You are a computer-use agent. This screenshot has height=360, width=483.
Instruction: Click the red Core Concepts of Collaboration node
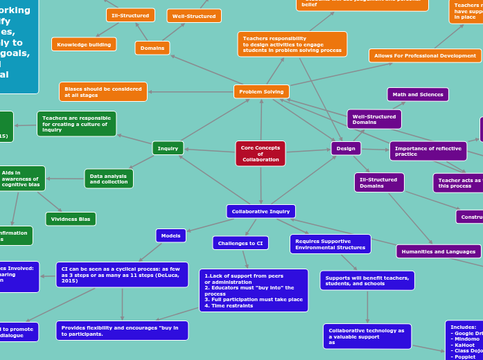click(261, 154)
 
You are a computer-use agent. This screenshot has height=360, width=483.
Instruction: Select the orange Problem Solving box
click(261, 91)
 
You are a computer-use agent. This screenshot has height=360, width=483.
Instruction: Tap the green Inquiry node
click(168, 148)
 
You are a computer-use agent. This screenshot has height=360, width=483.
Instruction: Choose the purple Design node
click(346, 148)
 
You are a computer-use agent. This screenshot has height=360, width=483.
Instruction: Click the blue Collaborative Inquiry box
click(261, 211)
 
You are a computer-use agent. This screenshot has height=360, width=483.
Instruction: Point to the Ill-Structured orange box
click(130, 15)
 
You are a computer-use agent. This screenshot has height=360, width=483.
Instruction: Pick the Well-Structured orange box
click(194, 16)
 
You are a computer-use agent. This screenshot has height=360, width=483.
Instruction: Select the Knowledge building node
click(84, 44)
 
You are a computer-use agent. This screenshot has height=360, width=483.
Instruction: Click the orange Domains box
click(152, 48)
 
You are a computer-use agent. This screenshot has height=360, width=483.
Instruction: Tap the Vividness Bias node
click(71, 219)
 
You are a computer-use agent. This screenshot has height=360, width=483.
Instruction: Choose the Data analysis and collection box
click(109, 179)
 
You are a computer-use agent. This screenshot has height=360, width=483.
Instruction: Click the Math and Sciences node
click(418, 94)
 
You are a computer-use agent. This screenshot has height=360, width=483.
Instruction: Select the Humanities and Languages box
click(439, 251)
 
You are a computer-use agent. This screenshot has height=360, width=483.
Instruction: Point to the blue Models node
click(170, 236)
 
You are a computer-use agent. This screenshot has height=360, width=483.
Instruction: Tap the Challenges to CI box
click(240, 243)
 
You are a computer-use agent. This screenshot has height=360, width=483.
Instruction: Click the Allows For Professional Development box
click(425, 55)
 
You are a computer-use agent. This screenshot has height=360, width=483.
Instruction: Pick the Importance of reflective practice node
click(428, 151)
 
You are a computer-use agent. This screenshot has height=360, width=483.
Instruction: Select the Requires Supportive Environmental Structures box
click(330, 244)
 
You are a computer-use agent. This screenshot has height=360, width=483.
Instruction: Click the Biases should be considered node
click(103, 92)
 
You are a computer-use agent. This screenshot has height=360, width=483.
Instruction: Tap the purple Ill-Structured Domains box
click(379, 183)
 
